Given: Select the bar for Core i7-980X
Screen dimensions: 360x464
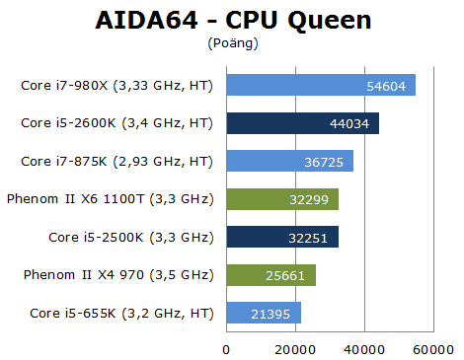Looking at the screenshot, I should [x=321, y=85].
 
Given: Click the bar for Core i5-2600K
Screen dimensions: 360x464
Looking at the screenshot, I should [x=302, y=123].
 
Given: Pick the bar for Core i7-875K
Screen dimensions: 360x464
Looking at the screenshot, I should [x=289, y=161].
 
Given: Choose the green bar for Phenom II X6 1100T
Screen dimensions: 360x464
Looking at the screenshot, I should [x=282, y=199].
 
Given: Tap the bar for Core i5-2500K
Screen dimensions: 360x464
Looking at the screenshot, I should [x=282, y=237].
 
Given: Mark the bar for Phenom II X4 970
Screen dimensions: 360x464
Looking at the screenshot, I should [x=271, y=275].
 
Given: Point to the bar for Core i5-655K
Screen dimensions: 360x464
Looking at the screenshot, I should [x=264, y=314].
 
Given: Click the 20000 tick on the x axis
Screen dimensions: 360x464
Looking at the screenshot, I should [x=295, y=348].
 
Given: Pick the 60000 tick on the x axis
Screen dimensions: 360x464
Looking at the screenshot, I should [x=432, y=348].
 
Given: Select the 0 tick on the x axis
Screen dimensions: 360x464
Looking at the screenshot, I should [x=227, y=348].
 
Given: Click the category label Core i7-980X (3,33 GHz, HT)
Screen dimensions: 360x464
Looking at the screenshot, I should [x=116, y=85].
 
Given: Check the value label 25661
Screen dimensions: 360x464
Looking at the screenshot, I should [x=290, y=276].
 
